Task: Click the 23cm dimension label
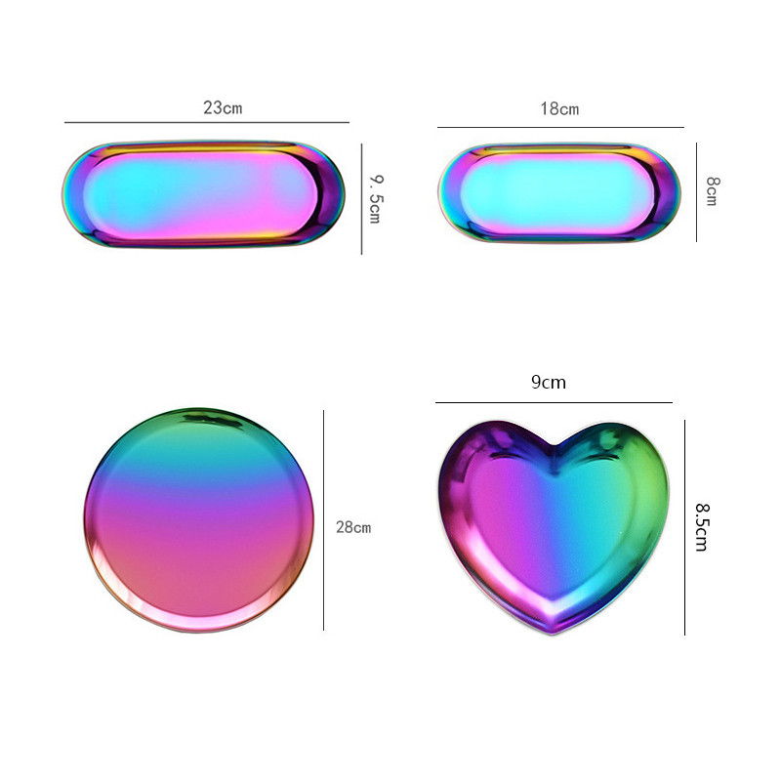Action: click(x=223, y=107)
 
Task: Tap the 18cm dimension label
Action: click(x=559, y=109)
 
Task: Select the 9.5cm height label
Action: click(x=376, y=199)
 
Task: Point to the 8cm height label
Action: click(x=713, y=190)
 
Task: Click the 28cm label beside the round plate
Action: click(x=353, y=527)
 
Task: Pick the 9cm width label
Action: click(x=549, y=382)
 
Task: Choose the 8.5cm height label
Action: click(x=702, y=527)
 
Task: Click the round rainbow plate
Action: click(x=199, y=520)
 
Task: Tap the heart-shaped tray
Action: click(x=553, y=525)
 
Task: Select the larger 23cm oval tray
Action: click(x=203, y=194)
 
